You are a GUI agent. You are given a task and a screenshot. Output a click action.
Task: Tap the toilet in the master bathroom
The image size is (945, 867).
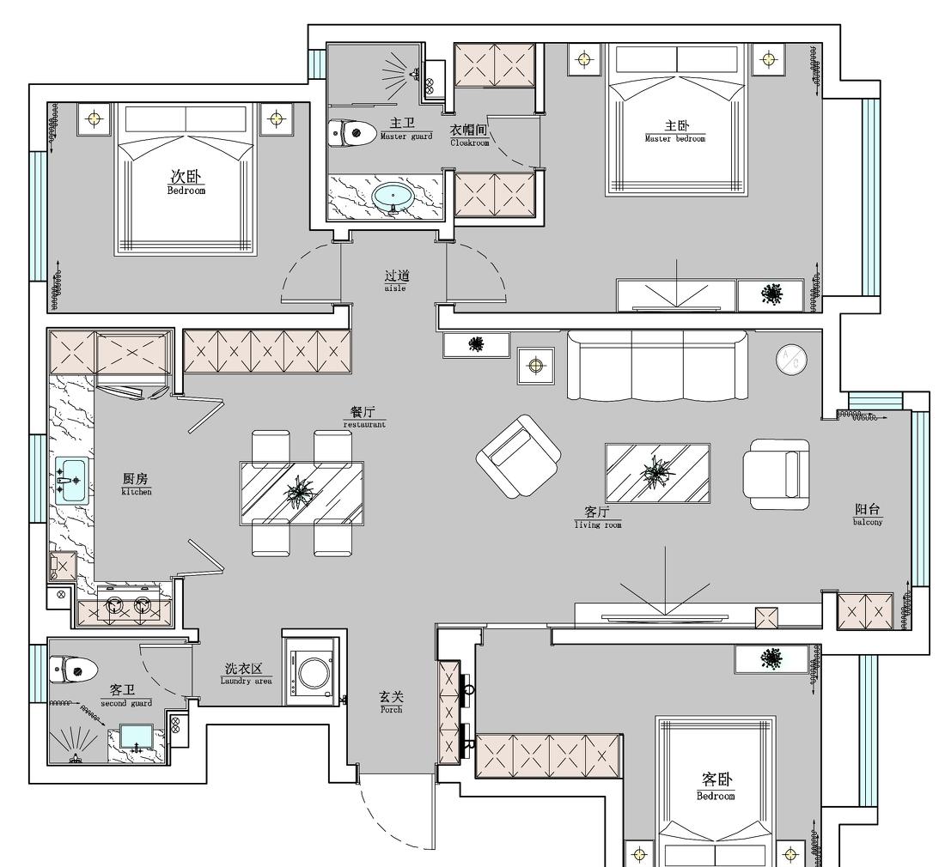[352, 132]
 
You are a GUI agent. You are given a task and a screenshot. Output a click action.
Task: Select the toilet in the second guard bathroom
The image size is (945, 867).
[73, 668]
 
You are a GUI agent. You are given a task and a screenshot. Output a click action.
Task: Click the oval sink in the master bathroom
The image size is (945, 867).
[394, 196]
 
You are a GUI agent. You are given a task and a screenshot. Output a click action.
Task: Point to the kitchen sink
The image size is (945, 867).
[72, 479]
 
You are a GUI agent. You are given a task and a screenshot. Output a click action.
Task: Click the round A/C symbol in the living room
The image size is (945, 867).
[791, 360]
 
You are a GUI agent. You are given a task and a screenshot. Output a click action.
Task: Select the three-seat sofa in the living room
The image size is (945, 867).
[656, 367]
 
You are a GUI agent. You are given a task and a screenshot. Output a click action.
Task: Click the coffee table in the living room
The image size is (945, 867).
[657, 472]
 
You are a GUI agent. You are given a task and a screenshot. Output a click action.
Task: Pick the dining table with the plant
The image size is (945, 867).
[302, 491]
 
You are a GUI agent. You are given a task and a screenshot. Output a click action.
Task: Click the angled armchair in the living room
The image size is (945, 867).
[518, 456]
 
